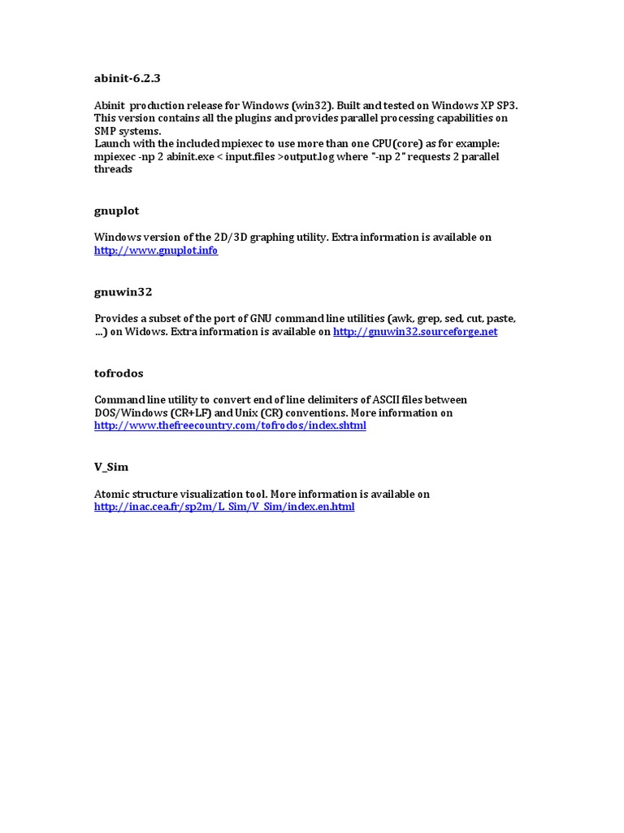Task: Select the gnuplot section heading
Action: pos(117,211)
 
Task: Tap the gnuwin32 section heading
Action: pos(123,291)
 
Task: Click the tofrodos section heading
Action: pos(119,373)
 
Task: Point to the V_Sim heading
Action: pos(111,467)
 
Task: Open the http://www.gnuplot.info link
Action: pos(156,251)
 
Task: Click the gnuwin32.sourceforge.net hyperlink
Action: pos(415,332)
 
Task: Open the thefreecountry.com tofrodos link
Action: pos(230,425)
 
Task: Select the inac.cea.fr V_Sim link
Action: pos(224,507)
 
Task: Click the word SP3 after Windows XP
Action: pos(506,105)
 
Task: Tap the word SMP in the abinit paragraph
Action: pos(106,131)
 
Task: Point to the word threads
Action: pos(113,170)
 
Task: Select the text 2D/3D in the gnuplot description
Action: pos(223,238)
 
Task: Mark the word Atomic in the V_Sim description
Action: pos(112,494)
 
